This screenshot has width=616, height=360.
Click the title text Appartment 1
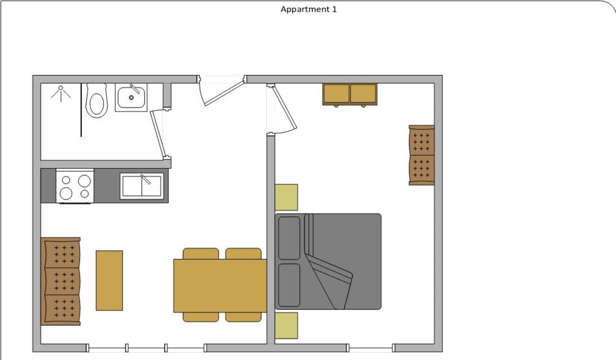(309, 9)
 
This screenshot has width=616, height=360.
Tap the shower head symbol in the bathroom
(61, 94)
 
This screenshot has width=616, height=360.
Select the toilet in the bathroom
(96, 101)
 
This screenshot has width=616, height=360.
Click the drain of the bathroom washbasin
(131, 97)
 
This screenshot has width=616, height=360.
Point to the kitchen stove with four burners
(75, 187)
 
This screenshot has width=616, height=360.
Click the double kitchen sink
(142, 186)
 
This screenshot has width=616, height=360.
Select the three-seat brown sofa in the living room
(61, 281)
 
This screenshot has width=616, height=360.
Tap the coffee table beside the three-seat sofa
(109, 281)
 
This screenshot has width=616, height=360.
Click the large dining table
(220, 286)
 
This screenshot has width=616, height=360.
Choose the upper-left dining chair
(201, 254)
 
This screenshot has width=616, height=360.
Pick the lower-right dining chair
(243, 317)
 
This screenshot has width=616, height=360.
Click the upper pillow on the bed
(289, 238)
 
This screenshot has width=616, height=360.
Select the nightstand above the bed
(286, 197)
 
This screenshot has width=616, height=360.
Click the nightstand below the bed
(286, 325)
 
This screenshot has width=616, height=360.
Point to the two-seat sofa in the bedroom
(422, 155)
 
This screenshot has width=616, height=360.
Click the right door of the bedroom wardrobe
(363, 94)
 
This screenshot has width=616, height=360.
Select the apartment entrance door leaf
(224, 92)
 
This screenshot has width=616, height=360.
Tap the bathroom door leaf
(159, 134)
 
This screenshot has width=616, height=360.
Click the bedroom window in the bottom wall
(371, 348)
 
